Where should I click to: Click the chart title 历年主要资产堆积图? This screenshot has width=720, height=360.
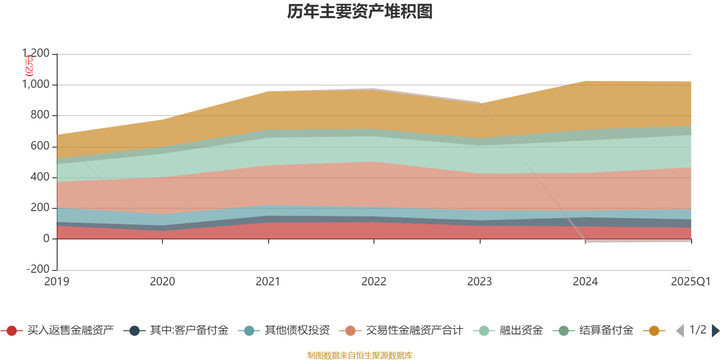[360, 12]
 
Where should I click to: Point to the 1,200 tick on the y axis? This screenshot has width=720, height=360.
[36, 54]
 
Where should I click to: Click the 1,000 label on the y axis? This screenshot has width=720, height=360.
[36, 85]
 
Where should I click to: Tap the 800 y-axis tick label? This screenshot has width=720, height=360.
[40, 115]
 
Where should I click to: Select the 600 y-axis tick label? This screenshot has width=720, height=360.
[40, 146]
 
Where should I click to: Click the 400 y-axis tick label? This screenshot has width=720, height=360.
[40, 177]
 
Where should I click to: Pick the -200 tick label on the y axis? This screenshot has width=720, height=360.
[38, 269]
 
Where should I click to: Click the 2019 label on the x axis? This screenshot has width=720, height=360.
[57, 282]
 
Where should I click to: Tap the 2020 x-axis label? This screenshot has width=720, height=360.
[162, 282]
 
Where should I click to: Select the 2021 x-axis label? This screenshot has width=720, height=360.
[268, 282]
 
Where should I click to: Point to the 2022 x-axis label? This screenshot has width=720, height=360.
[374, 282]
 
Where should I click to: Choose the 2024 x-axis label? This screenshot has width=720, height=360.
[585, 282]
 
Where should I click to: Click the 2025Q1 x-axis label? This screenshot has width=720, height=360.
[690, 282]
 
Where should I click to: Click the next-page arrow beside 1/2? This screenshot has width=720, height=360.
[715, 331]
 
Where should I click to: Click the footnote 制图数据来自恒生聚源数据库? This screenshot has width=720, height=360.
[360, 355]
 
